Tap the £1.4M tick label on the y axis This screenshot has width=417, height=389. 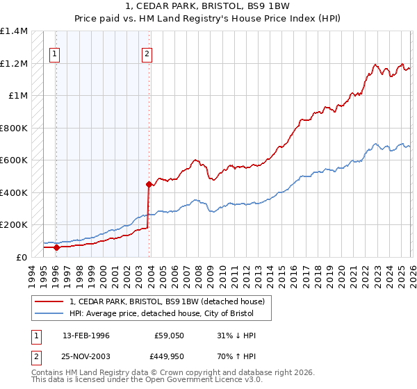pyautogui.click(x=14, y=31)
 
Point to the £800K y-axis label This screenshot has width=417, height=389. pyautogui.click(x=14, y=128)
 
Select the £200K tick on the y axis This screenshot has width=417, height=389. pyautogui.click(x=14, y=225)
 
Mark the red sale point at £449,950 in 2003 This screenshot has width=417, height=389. pyautogui.click(x=149, y=184)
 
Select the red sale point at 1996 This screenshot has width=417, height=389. pyautogui.click(x=56, y=247)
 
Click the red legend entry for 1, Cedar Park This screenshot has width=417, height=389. pyautogui.click(x=167, y=302)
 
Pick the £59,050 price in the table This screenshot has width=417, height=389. pyautogui.click(x=169, y=336)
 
